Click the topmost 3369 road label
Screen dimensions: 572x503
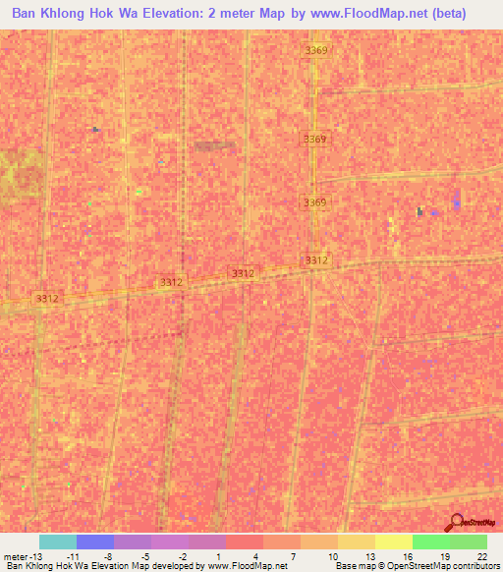coord(315,50)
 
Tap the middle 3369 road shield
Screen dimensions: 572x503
coord(314,139)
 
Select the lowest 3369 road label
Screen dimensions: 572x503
coord(314,202)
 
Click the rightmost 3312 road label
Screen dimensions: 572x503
coord(315,259)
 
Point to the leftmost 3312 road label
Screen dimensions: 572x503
coord(46,298)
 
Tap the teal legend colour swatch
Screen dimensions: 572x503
coord(57,542)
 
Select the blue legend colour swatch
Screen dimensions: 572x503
coord(94,542)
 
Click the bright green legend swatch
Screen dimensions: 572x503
coord(430,542)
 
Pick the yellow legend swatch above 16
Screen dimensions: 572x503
coord(393,542)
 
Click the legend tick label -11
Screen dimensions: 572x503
coord(73,555)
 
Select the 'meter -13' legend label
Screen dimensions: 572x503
coord(21,555)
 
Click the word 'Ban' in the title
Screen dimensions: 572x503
coord(28,15)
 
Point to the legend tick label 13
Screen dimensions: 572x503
coord(366,555)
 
